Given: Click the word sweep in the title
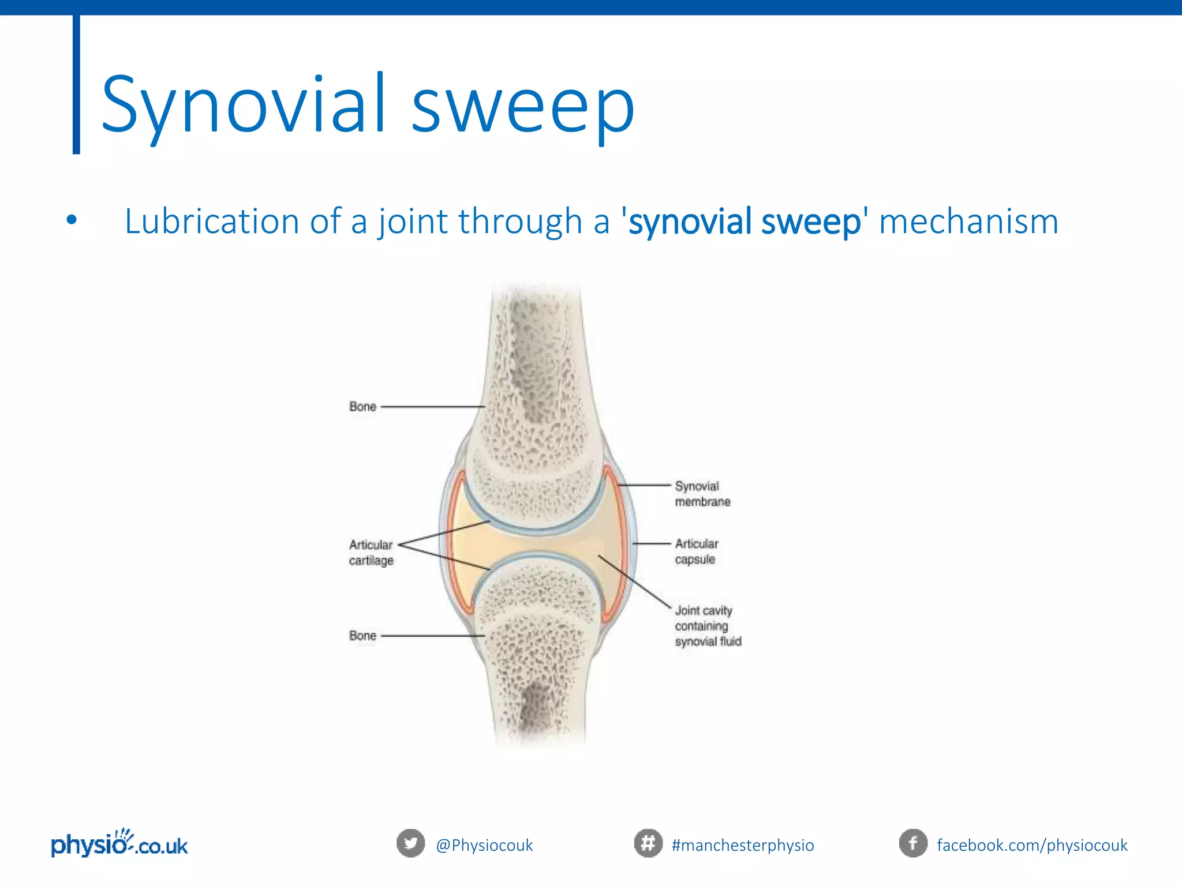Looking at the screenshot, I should point(522,107).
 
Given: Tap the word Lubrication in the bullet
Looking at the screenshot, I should point(211,221).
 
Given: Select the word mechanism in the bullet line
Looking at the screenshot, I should point(968,221).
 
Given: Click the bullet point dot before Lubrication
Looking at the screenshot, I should point(71,220).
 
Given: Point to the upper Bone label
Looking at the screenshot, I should point(362,407).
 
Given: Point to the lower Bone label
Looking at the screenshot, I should point(362,636).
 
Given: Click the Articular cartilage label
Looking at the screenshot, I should point(371,553).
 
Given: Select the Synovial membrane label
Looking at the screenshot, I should point(702,494).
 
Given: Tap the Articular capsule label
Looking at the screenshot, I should point(696,551).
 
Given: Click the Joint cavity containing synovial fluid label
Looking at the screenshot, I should point(707,626).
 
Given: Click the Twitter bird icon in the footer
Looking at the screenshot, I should point(410,843).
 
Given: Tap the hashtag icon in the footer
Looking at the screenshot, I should point(648,843).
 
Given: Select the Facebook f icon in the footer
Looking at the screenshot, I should point(913,843).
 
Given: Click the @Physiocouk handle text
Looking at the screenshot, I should point(484,845).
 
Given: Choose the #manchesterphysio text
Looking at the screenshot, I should point(743,845).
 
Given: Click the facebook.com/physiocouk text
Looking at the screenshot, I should point(1032,845).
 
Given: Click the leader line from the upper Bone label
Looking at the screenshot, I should point(433,407).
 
